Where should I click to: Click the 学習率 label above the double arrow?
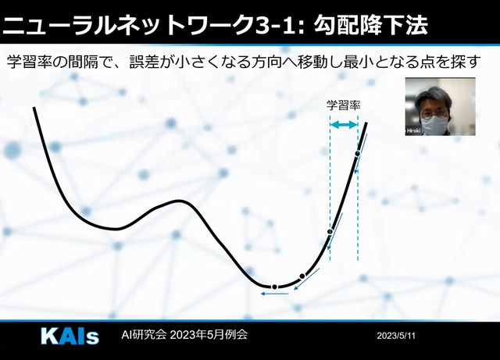(344, 105)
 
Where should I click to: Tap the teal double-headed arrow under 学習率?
(344, 125)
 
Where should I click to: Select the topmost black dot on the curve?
(358, 154)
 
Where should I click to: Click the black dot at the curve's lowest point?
(274, 287)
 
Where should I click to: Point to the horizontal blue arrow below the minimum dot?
(275, 294)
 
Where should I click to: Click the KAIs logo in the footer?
(70, 336)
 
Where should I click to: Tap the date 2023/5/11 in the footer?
(396, 336)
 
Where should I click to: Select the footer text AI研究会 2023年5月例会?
(184, 335)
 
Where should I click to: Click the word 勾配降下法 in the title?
(370, 25)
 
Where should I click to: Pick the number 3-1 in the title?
(274, 26)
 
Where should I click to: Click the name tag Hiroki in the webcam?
(413, 130)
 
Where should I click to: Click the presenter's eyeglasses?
(434, 113)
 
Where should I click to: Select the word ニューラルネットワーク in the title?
(127, 26)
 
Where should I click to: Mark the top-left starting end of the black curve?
(34, 108)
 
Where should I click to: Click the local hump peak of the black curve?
(177, 201)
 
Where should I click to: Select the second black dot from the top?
(330, 231)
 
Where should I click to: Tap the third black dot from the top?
(302, 276)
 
